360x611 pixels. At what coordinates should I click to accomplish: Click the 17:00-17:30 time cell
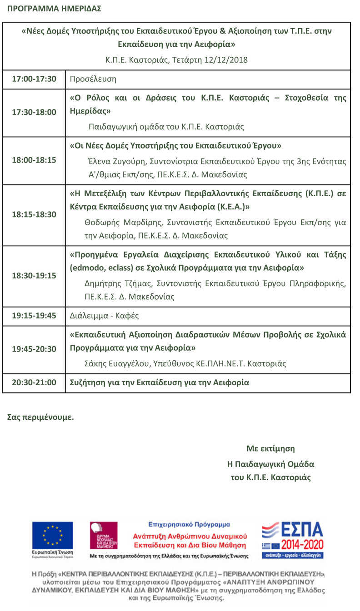click(34, 79)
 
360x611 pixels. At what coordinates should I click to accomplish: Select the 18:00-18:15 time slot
click(34, 160)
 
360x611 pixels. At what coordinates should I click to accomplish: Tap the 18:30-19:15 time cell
click(34, 276)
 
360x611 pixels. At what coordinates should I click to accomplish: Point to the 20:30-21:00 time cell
click(34, 382)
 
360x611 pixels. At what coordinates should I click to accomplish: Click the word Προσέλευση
click(93, 79)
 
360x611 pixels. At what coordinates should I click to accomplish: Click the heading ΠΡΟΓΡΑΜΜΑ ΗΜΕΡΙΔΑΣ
click(54, 9)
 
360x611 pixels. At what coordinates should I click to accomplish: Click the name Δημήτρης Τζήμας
click(119, 283)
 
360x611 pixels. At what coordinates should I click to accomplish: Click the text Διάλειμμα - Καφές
click(104, 316)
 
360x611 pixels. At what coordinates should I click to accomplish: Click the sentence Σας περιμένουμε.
click(40, 417)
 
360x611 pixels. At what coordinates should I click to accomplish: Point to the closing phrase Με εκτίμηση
click(270, 448)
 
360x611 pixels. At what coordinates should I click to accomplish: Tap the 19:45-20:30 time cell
click(34, 349)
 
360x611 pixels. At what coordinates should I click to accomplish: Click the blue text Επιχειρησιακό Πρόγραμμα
click(189, 524)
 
